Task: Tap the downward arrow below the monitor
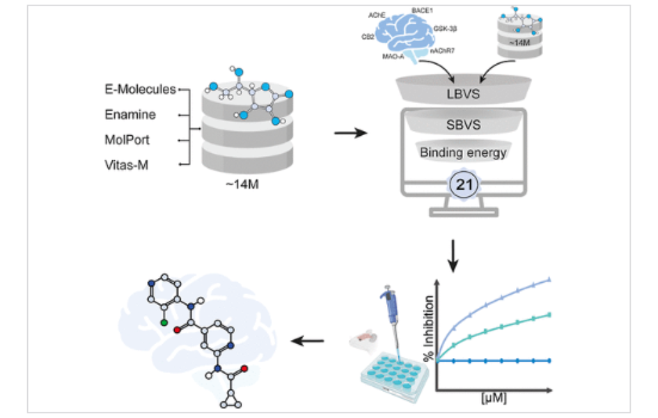[x=453, y=256]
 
